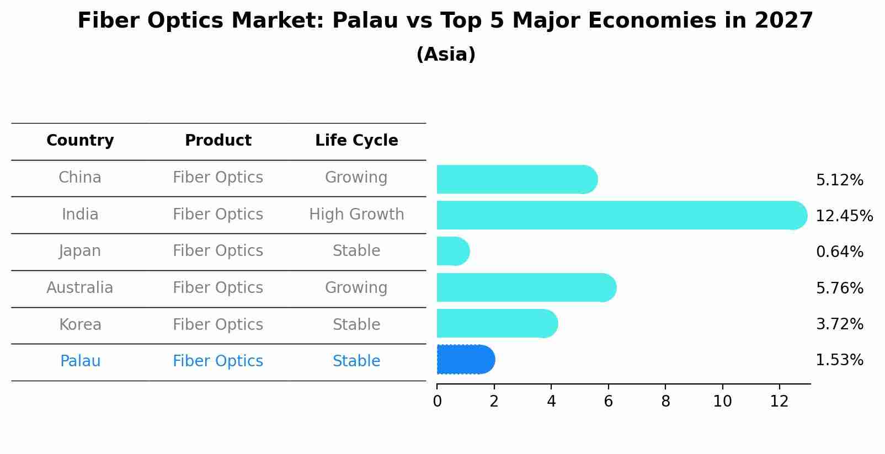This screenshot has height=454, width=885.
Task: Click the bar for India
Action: click(621, 215)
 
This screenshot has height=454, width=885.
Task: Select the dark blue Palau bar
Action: click(465, 360)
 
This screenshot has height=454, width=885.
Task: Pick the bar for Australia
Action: click(526, 288)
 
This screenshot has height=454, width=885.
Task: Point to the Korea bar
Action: click(497, 324)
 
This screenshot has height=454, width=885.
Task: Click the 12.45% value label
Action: click(844, 216)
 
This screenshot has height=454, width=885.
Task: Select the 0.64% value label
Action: click(839, 252)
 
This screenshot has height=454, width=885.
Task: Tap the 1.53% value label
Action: click(839, 360)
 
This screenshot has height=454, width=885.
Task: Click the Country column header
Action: click(80, 141)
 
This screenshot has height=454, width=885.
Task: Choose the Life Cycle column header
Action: click(356, 141)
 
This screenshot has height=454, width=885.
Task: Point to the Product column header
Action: click(218, 141)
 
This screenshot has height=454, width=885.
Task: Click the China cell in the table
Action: click(80, 178)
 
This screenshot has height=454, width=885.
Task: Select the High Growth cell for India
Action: click(356, 215)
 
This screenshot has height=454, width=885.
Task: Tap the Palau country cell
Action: click(80, 361)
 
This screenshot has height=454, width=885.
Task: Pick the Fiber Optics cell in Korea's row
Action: click(218, 325)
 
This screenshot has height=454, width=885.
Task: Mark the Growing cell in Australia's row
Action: click(356, 288)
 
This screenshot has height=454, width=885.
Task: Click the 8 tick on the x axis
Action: click(665, 402)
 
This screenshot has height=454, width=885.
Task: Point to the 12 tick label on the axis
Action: click(780, 402)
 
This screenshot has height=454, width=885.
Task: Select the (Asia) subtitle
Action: click(446, 55)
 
